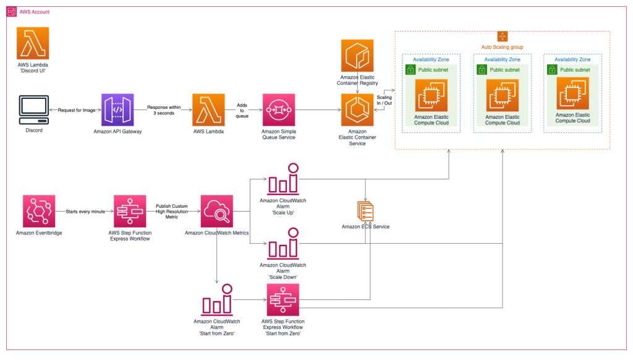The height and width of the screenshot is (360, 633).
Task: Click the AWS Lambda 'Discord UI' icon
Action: click(33, 43)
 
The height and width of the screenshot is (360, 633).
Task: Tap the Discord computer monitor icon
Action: click(33, 109)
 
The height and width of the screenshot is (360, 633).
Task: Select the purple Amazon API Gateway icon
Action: click(118, 109)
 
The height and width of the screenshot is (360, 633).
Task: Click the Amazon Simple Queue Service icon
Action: click(279, 109)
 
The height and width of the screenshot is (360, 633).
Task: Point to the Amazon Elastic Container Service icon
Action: click(357, 109)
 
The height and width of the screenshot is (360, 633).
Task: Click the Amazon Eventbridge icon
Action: click(39, 211)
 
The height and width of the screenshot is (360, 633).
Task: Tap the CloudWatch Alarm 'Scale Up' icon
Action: click(283, 179)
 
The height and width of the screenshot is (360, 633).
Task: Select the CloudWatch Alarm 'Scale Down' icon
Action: click(283, 243)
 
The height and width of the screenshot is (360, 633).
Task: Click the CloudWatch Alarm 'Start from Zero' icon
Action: click(217, 300)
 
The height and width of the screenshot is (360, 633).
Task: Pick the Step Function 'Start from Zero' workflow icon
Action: click(283, 300)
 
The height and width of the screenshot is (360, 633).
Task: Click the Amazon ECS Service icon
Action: click(365, 211)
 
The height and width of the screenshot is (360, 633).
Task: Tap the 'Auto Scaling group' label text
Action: click(503, 47)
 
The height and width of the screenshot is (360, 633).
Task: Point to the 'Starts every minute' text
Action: click(85, 212)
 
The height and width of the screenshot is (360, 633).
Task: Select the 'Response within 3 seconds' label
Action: click(164, 109)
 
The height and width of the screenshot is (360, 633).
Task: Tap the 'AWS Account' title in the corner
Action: click(35, 12)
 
